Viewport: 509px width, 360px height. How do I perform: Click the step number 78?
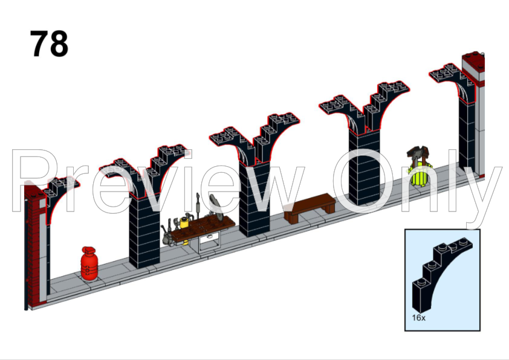50,43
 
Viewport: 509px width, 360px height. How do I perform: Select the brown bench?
310,207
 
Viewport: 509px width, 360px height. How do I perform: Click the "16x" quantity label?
420,317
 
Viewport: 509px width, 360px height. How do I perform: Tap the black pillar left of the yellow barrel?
365,163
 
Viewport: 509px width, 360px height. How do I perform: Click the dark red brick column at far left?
36,242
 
